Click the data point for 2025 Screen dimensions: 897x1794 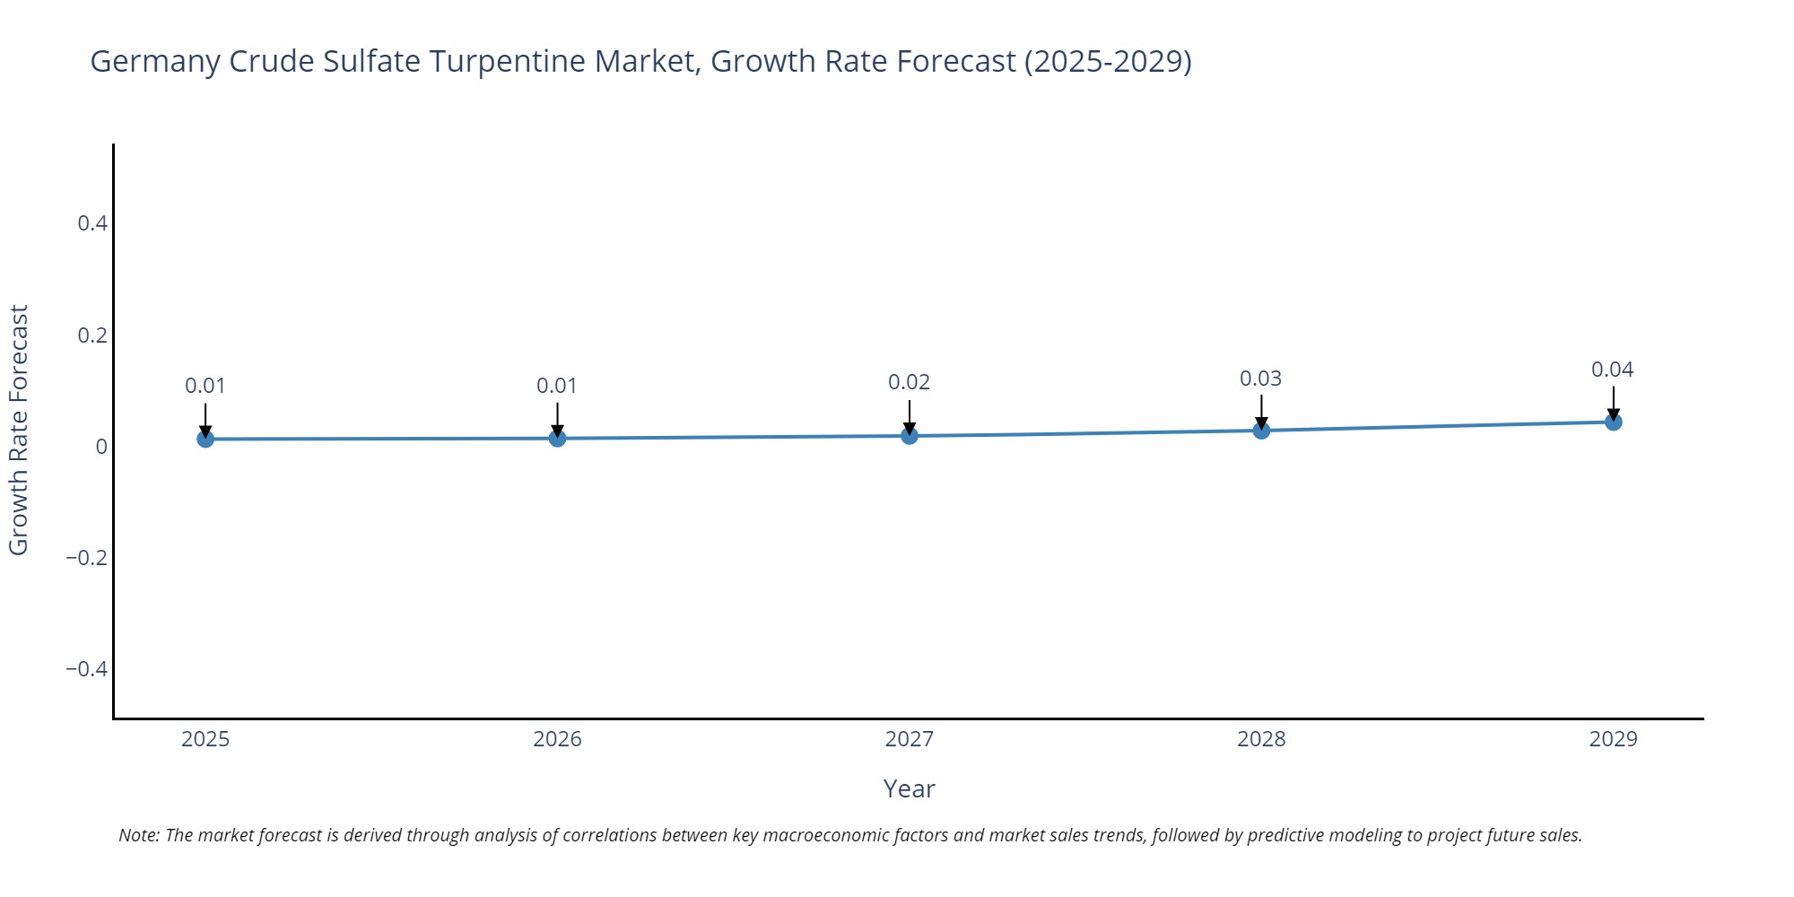click(x=205, y=439)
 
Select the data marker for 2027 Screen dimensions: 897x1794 click(x=910, y=436)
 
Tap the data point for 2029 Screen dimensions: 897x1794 click(x=1613, y=422)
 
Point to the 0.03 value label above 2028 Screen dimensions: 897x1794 click(x=1260, y=379)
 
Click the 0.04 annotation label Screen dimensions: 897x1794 click(x=1612, y=370)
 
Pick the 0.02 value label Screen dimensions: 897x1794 click(x=909, y=382)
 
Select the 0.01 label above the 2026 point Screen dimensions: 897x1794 click(x=557, y=386)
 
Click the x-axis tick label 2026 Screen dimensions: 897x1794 click(x=557, y=739)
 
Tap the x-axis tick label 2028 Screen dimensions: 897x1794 click(x=1260, y=739)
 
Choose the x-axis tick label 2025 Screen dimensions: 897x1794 click(x=205, y=739)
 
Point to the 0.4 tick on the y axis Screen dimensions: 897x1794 click(x=92, y=223)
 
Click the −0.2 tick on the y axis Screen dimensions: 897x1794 click(x=86, y=558)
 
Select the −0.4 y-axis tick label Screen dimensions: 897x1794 click(x=86, y=669)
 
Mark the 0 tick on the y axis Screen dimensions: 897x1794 click(x=101, y=447)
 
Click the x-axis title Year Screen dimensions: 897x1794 click(x=909, y=789)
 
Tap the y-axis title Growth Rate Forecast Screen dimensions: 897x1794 click(x=19, y=431)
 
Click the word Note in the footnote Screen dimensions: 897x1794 click(x=138, y=835)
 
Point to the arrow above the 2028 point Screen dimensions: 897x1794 click(x=1261, y=411)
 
